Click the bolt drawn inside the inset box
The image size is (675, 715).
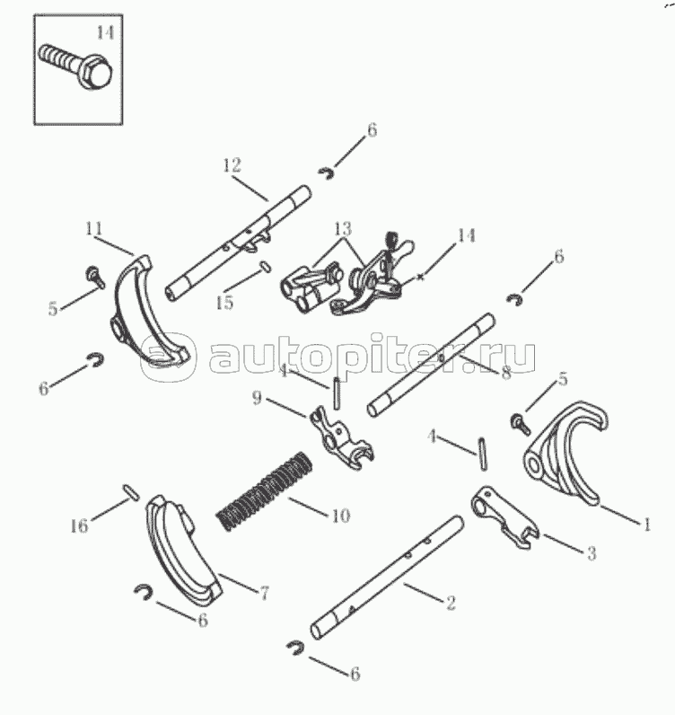76,67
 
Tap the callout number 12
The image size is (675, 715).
232,165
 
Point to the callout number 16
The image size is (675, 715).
79,525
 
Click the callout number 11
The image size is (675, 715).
94,228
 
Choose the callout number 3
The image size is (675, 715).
592,553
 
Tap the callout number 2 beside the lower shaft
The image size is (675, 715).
451,603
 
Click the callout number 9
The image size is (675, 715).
257,398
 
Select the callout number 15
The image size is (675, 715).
224,303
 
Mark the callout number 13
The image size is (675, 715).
343,228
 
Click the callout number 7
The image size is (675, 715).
264,593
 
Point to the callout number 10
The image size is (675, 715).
340,516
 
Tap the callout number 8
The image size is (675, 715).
506,373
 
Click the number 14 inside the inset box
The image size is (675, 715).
105,32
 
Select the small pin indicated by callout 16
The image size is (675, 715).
130,492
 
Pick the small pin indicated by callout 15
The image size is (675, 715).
266,266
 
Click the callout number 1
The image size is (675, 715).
646,525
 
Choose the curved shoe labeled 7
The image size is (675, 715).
183,551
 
